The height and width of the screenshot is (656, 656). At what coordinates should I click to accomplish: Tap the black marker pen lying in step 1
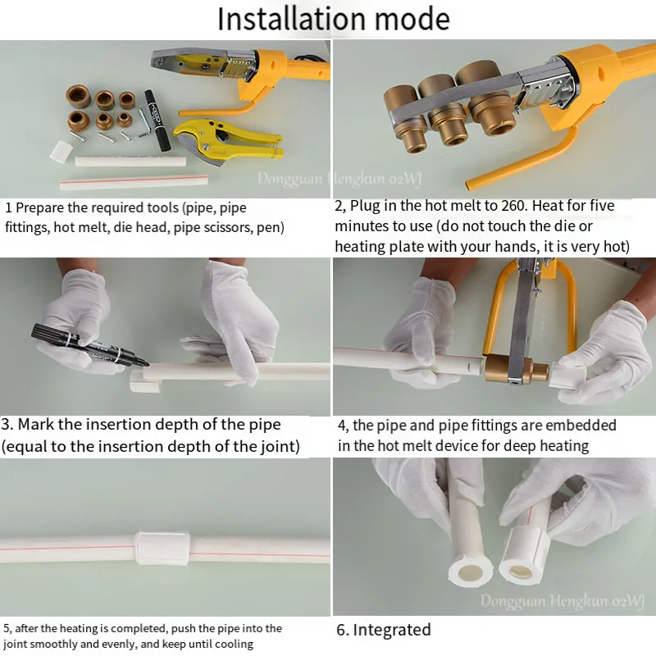pyautogui.click(x=157, y=120)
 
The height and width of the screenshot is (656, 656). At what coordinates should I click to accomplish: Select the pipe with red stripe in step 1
pyautogui.click(x=134, y=182)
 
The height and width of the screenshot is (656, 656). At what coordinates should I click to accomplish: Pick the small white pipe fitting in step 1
pyautogui.click(x=61, y=152)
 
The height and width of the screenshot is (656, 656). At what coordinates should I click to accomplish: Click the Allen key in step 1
pyautogui.click(x=144, y=121)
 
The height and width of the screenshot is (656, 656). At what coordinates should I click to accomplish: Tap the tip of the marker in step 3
pyautogui.click(x=148, y=364)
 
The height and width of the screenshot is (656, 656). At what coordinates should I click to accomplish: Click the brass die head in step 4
pyautogui.click(x=517, y=368)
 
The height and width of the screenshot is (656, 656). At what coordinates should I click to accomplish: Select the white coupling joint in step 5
pyautogui.click(x=162, y=548)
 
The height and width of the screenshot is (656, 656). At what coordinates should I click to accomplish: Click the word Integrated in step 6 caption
pyautogui.click(x=392, y=630)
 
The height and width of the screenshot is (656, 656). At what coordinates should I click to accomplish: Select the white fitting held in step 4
pyautogui.click(x=567, y=376)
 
